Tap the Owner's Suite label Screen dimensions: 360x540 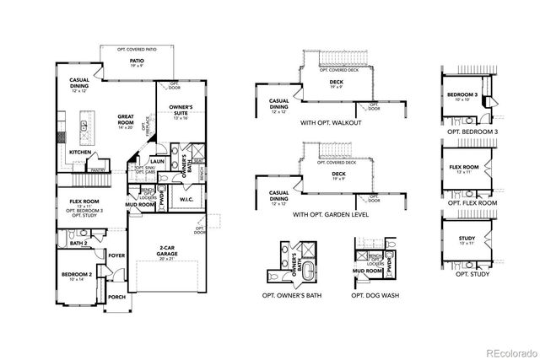182,110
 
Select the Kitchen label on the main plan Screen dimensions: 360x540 80,153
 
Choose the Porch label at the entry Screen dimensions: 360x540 116,297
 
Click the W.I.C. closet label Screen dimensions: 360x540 187,199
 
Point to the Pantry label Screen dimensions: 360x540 98,169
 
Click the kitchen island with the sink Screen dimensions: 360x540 84,128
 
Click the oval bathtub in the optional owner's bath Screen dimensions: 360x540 297,271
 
